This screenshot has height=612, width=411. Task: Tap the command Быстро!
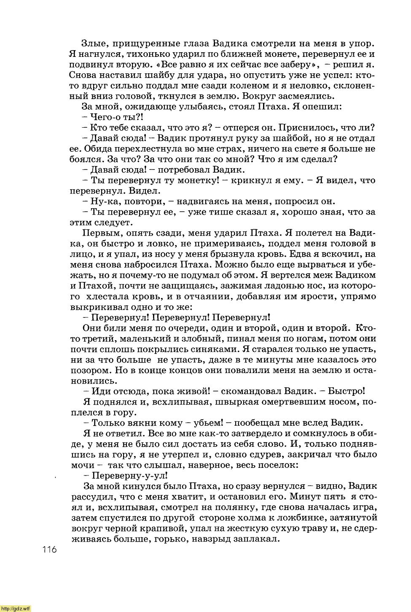pos(347,391)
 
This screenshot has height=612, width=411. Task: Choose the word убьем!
pos(207,423)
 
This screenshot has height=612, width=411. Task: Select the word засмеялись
pos(305,96)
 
